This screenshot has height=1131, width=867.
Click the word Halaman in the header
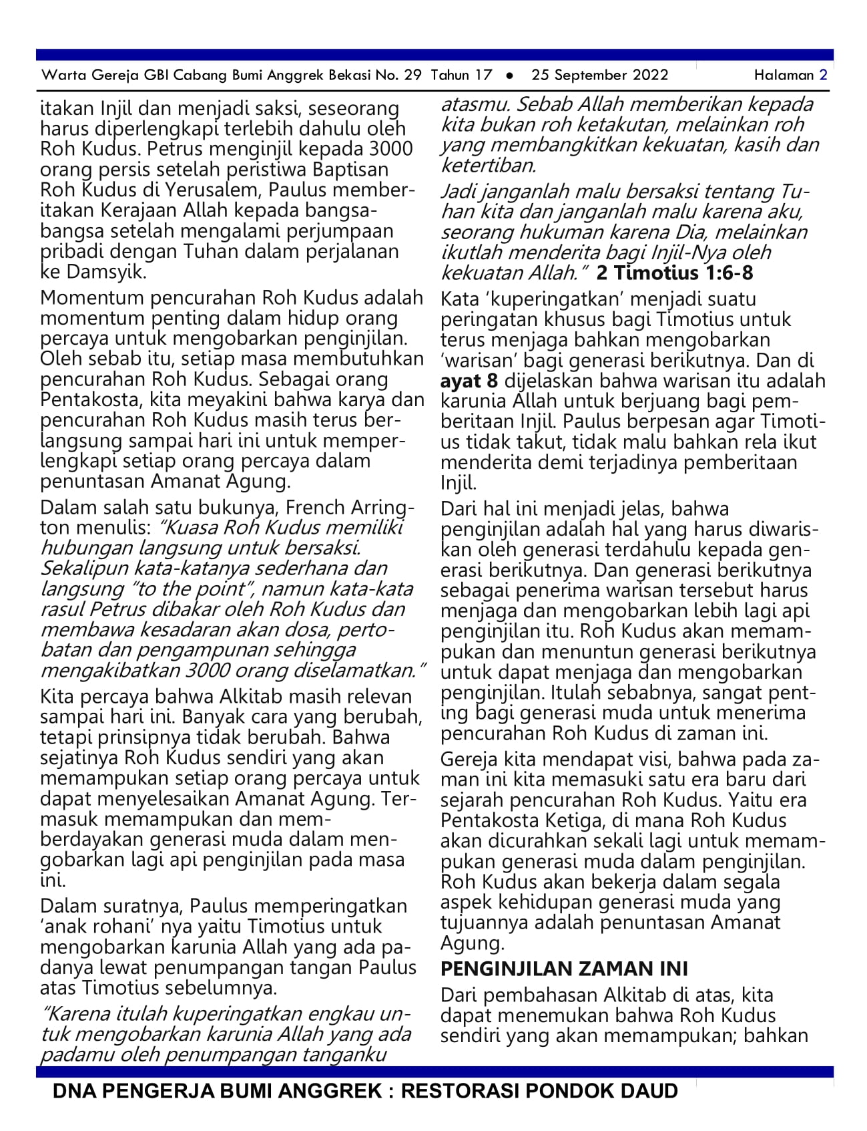tap(784, 75)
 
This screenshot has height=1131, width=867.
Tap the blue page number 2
tap(824, 75)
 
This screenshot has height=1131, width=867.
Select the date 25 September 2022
tap(599, 75)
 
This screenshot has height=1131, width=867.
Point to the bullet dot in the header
tap(510, 75)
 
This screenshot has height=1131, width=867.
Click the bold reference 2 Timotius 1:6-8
tap(675, 273)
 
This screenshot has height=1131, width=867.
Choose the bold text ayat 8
tap(469, 381)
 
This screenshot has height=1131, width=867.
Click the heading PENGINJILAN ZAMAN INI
tap(564, 969)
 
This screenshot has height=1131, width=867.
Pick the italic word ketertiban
tap(489, 165)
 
